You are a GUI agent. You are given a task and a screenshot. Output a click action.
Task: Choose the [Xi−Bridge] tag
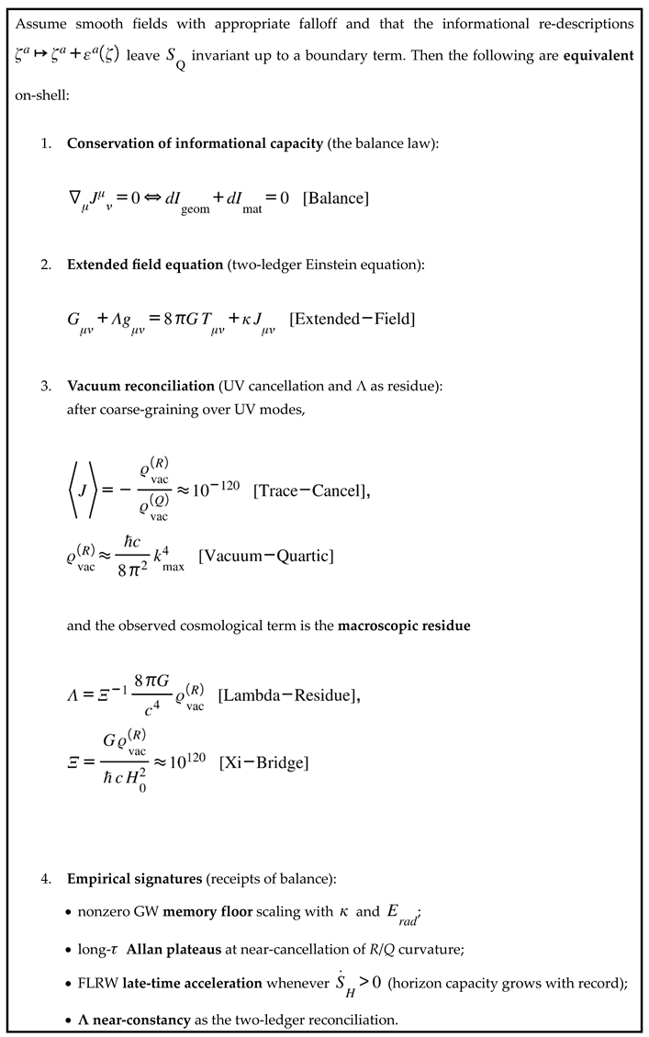263,763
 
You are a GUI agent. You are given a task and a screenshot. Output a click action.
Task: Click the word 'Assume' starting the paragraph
41,21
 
